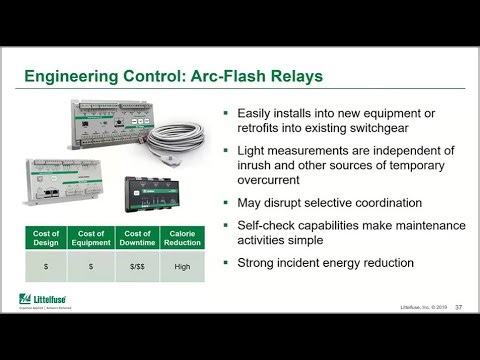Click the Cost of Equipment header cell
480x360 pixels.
click(x=90, y=237)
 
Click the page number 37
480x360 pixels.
click(x=457, y=307)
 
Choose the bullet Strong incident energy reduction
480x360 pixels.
click(x=332, y=265)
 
